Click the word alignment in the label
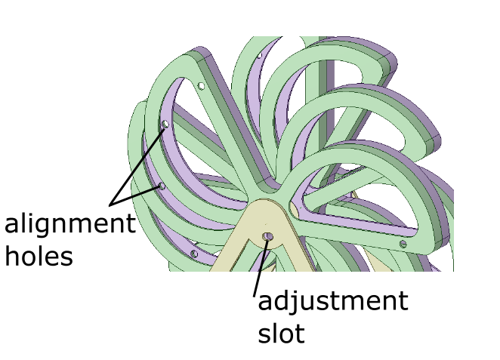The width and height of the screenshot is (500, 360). (69, 226)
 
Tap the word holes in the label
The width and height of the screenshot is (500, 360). (39, 256)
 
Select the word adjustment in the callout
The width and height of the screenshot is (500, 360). (332, 302)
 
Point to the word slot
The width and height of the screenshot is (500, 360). (281, 332)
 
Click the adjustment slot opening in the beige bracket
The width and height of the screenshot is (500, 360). (267, 238)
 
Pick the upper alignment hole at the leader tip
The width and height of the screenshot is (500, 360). (165, 123)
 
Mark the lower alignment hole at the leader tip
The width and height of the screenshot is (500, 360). (161, 185)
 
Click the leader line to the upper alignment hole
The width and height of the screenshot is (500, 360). (140, 162)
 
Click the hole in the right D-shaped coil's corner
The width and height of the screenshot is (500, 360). (403, 244)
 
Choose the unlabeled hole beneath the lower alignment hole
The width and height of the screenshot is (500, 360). (194, 254)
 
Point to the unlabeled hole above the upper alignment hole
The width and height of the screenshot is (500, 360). (202, 86)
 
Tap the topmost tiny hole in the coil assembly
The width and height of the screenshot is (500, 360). (260, 55)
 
